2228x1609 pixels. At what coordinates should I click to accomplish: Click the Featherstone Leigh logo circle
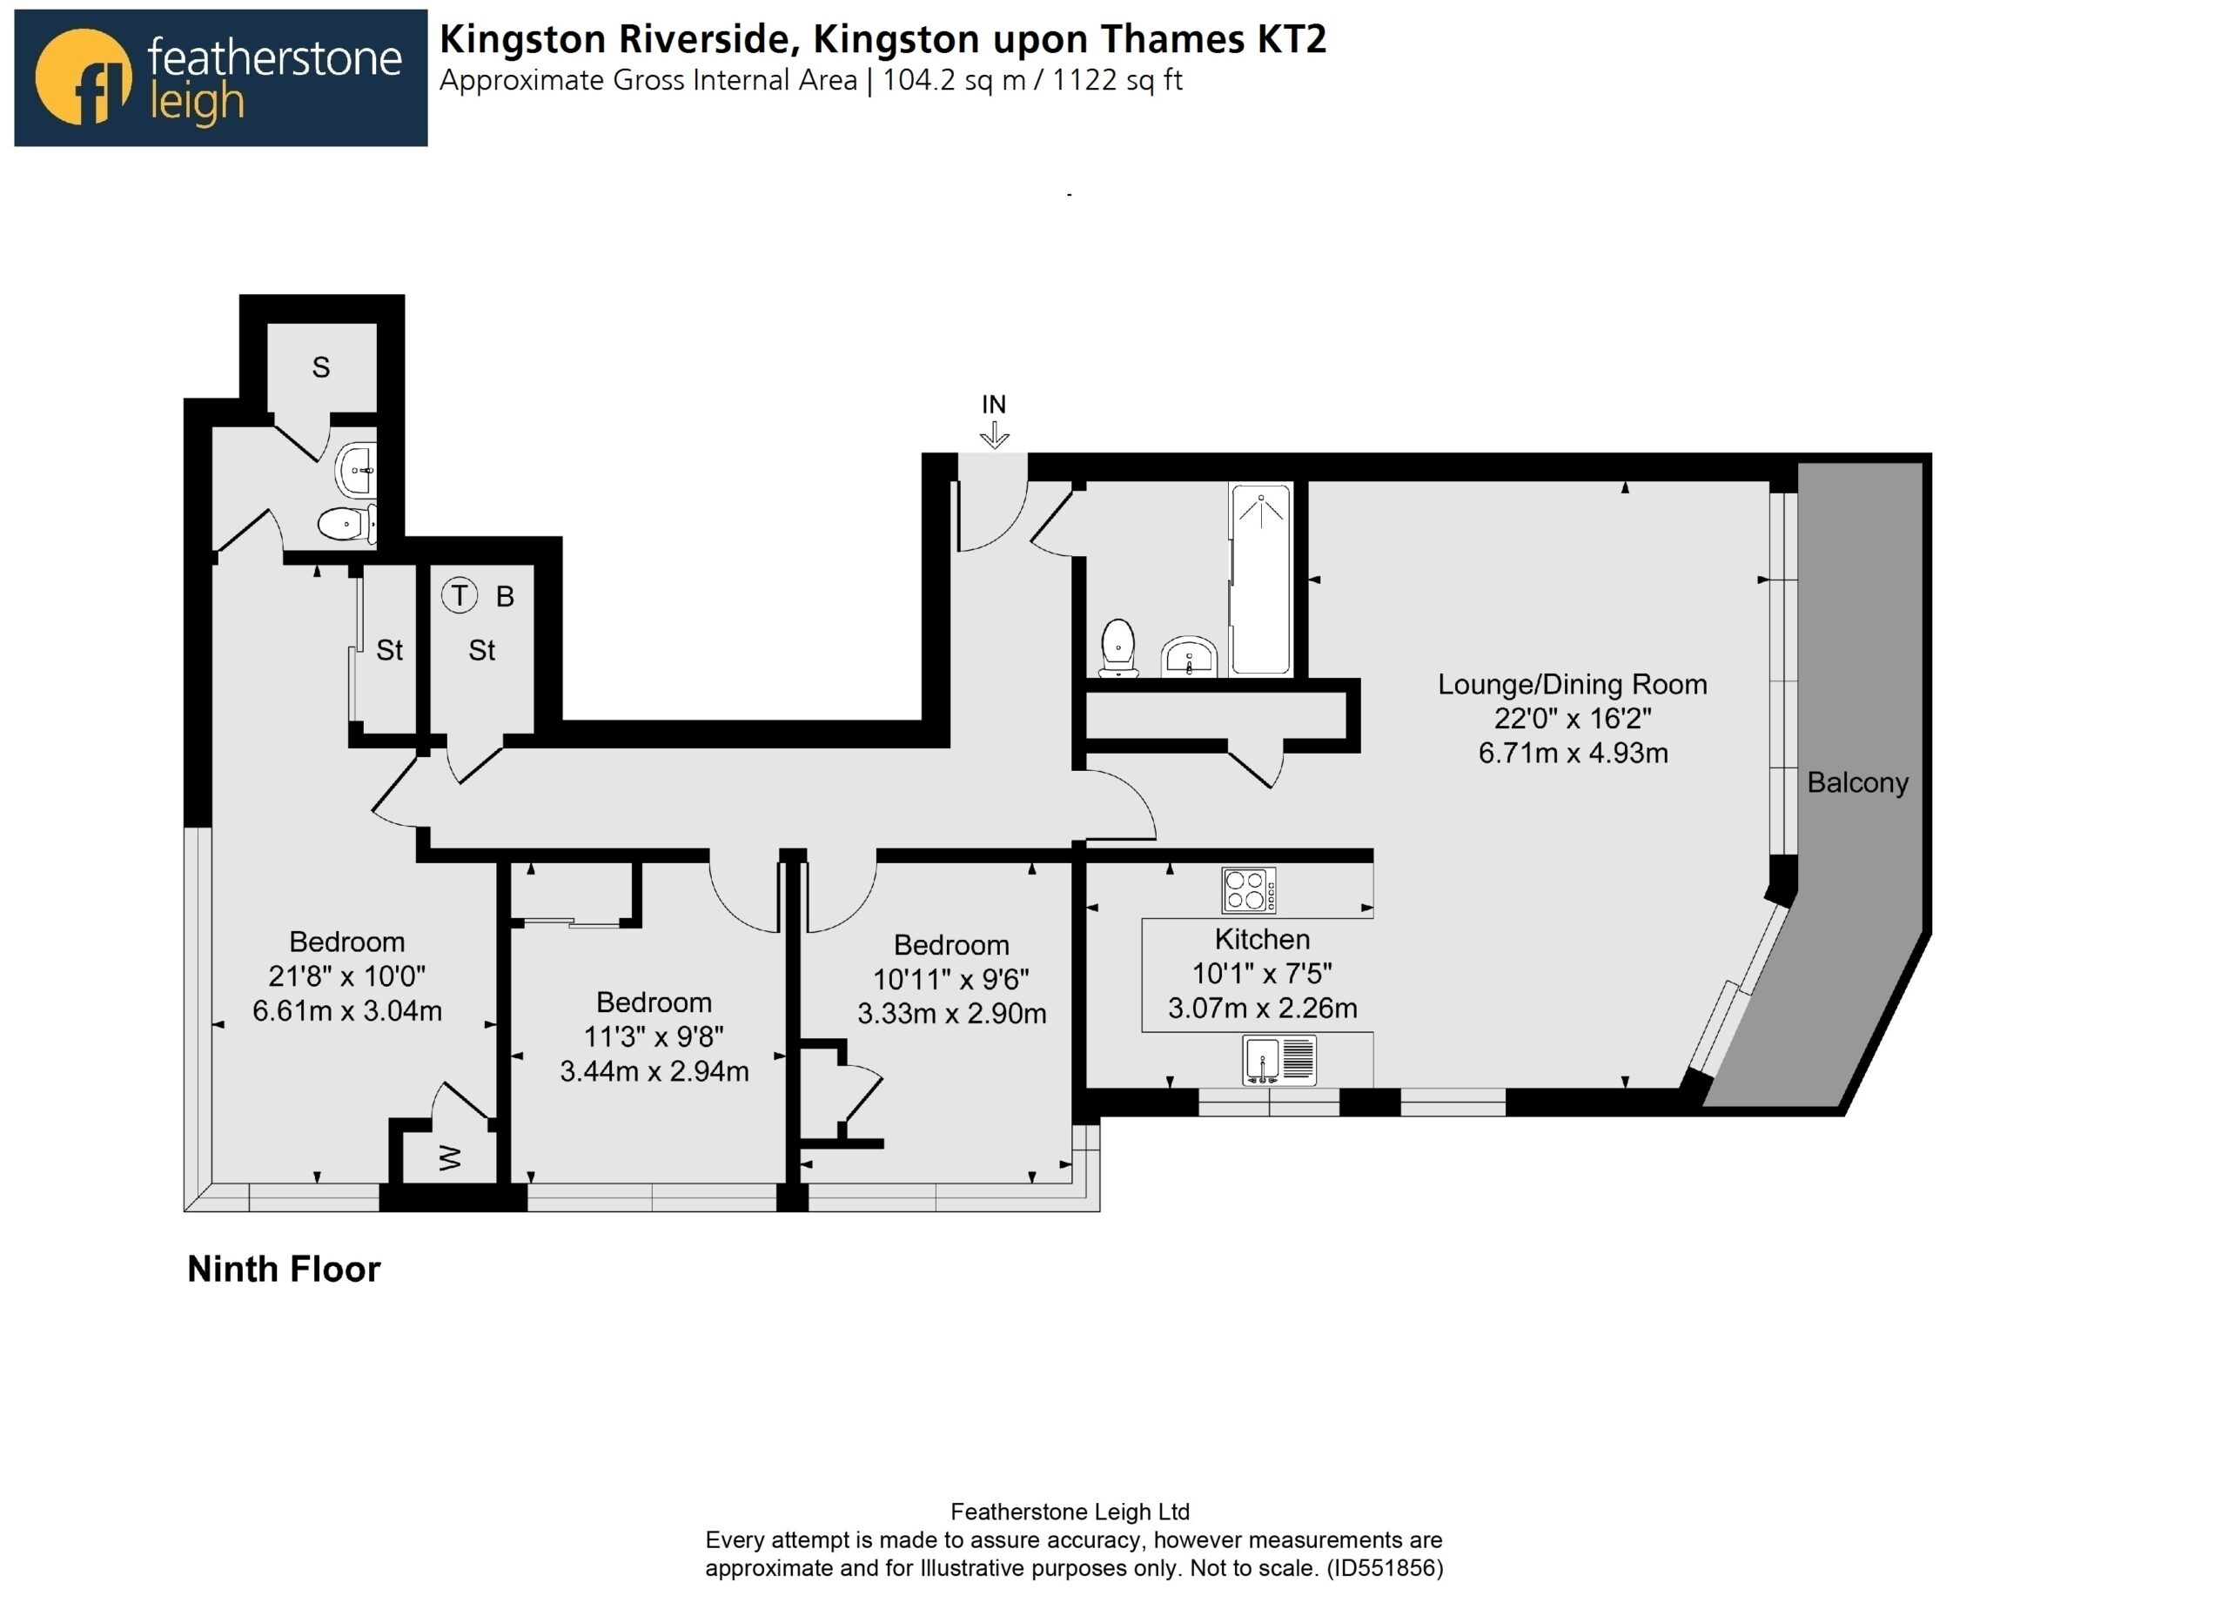click(83, 77)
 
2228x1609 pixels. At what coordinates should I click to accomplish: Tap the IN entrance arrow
click(994, 435)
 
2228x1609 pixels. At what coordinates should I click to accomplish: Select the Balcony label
click(1857, 783)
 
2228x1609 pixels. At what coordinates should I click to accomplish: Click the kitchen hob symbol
click(1249, 891)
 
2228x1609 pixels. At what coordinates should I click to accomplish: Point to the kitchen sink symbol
click(1279, 1061)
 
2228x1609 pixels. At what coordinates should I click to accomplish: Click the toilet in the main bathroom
click(1118, 647)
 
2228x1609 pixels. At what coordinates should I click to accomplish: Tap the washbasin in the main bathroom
click(1190, 657)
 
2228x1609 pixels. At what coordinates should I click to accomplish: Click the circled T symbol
click(459, 595)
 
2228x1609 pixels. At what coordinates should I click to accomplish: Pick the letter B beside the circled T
click(505, 596)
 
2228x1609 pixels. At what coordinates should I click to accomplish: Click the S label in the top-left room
click(321, 367)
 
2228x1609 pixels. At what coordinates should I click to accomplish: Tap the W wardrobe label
click(450, 1158)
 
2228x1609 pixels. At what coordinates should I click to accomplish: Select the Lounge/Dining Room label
click(1572, 685)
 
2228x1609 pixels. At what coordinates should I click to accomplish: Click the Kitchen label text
click(1262, 939)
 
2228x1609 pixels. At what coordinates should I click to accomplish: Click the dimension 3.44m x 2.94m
click(654, 1070)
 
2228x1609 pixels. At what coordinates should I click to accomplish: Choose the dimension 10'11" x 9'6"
click(951, 979)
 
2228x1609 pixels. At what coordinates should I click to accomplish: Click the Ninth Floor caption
click(284, 1269)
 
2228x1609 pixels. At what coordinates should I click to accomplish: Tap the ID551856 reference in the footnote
click(1384, 1568)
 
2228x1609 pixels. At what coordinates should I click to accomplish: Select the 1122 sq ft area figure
click(1117, 79)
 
